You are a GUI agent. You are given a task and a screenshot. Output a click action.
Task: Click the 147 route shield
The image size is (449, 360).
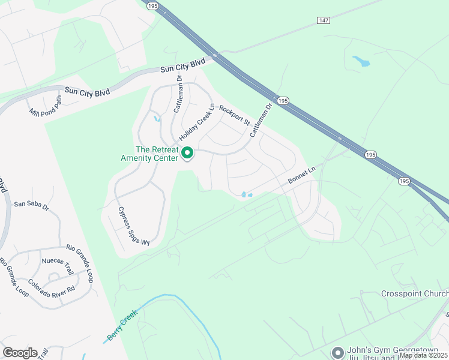point(324,20)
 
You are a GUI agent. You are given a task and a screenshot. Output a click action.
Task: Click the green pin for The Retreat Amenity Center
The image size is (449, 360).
point(187,154)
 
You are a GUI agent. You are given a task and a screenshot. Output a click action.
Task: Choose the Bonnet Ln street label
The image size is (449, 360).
point(301,176)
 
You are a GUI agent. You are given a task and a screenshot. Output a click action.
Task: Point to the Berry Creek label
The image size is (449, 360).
point(122,325)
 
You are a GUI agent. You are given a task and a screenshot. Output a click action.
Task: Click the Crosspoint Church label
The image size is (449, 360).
point(414,294)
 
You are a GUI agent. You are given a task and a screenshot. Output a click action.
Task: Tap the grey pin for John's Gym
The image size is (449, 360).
point(337,352)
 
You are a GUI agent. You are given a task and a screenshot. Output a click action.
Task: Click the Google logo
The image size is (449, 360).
point(20,353)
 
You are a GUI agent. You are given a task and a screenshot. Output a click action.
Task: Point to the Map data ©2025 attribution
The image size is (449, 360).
point(423,355)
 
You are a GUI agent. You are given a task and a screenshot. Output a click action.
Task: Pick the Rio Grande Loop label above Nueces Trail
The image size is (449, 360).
point(80,255)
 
